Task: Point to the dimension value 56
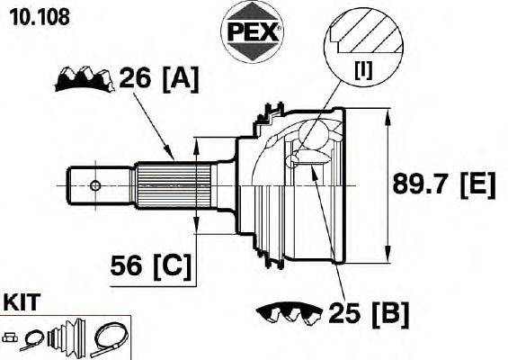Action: [x=128, y=265]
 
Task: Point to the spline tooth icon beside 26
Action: [x=85, y=79]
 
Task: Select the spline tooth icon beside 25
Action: [x=289, y=312]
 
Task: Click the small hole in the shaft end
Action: [x=96, y=186]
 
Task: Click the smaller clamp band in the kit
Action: [x=32, y=339]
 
